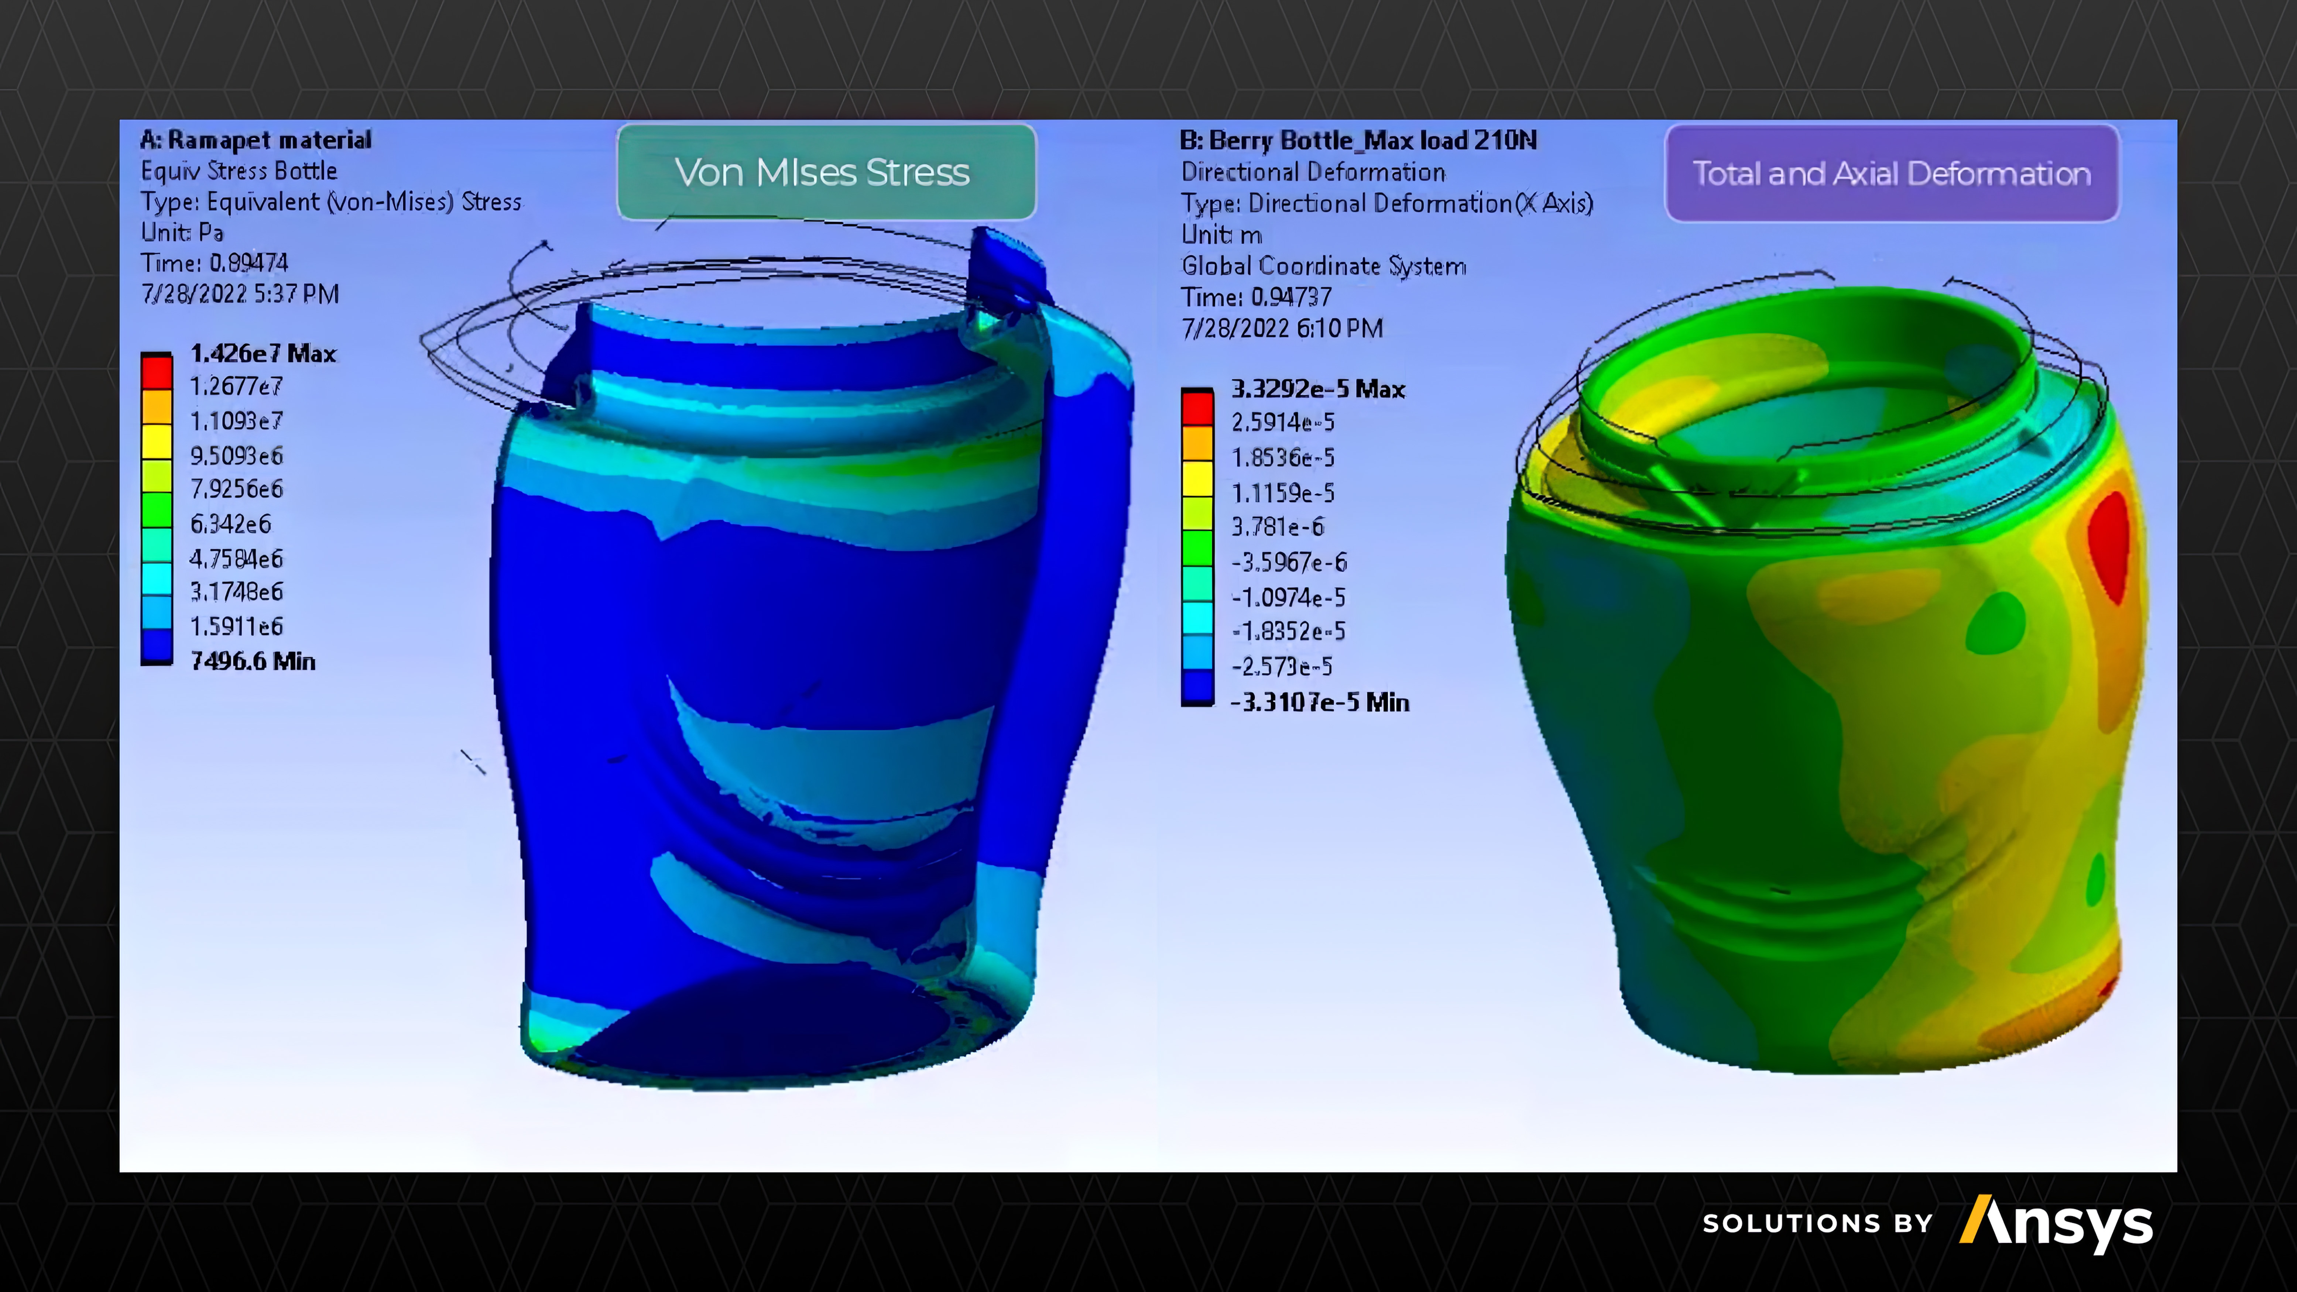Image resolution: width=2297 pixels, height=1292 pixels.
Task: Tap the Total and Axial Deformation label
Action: (x=1891, y=173)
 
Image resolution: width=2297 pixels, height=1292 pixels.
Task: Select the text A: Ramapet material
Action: (x=256, y=140)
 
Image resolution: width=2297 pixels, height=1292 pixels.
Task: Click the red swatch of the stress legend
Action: (x=157, y=371)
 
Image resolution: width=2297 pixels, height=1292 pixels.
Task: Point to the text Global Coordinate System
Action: (x=1323, y=266)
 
